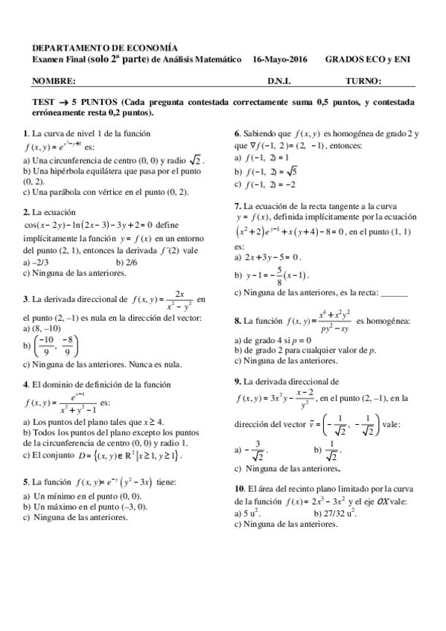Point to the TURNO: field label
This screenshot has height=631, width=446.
tap(363, 80)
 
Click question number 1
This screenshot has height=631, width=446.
tap(26, 133)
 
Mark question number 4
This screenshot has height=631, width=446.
tap(26, 384)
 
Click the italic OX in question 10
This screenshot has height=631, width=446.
tap(380, 502)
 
